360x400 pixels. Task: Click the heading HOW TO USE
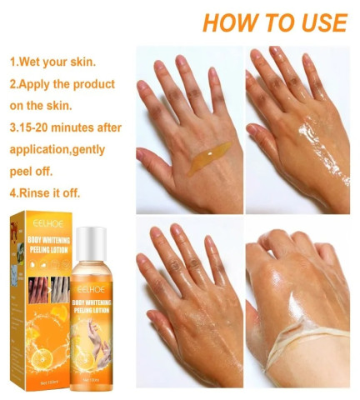(x=274, y=22)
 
